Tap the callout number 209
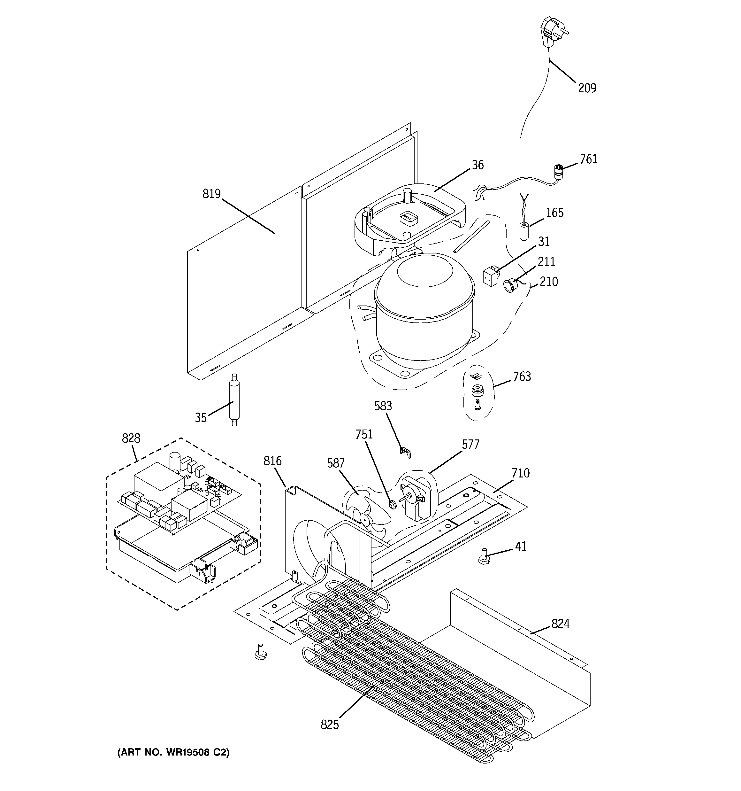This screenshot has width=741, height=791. (587, 88)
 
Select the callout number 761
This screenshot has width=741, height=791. (588, 159)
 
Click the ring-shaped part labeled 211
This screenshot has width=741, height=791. (509, 286)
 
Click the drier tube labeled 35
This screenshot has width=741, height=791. (233, 400)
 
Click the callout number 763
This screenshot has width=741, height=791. (522, 376)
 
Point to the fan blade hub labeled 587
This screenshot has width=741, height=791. (365, 518)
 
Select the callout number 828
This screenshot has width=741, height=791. (131, 438)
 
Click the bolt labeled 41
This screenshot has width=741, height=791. (484, 556)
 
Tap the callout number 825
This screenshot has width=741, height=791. (329, 725)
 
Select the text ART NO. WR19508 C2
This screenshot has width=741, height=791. (173, 752)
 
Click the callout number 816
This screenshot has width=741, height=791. (272, 461)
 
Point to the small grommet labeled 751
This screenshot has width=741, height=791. (392, 505)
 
